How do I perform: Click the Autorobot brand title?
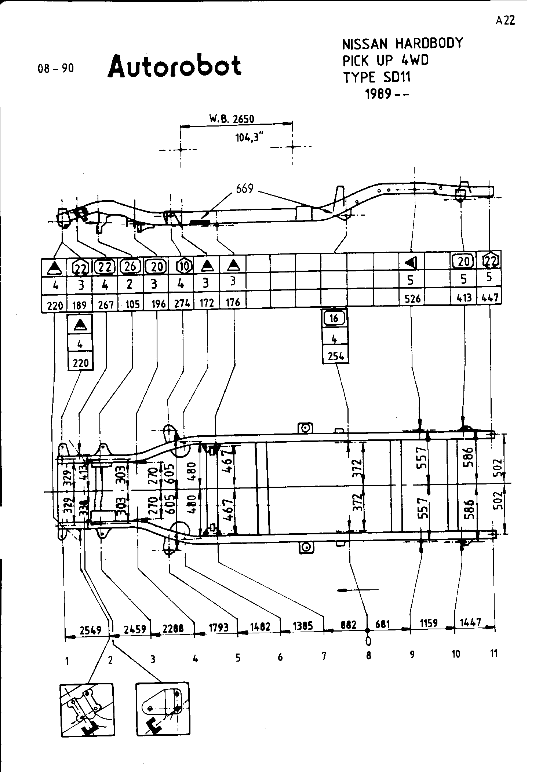point(175,66)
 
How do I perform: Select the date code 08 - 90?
point(56,69)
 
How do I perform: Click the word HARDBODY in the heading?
point(429,44)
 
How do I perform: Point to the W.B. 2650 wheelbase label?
point(231,119)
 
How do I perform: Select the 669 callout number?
point(245,189)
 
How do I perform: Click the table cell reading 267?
point(106,305)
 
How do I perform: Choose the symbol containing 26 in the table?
point(130,266)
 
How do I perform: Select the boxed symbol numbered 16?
point(334,318)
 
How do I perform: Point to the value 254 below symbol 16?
point(335,356)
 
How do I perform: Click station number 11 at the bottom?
point(494,653)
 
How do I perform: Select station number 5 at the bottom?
point(238,658)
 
